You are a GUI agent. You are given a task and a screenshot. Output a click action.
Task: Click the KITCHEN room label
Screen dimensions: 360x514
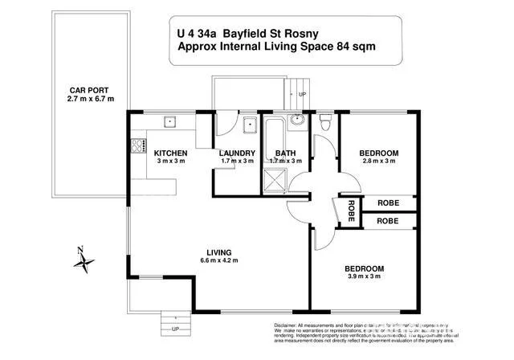pos(170,153)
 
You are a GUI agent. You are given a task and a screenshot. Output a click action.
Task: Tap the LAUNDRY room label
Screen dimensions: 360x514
pos(237,153)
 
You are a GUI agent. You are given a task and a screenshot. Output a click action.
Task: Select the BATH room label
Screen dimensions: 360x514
pos(285,153)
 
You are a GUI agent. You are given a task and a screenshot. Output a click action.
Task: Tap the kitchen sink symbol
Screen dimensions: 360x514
pos(170,123)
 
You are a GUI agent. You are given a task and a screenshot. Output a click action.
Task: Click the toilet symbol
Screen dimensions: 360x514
pos(324,123)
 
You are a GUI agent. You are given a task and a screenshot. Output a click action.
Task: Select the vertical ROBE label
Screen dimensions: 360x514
pos(351,211)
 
